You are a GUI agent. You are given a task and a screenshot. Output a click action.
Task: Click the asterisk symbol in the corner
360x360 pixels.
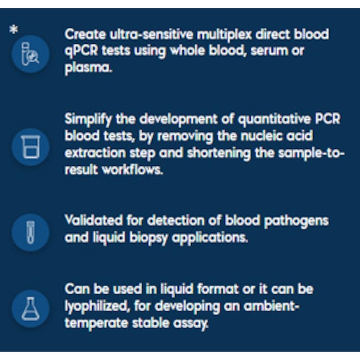14,30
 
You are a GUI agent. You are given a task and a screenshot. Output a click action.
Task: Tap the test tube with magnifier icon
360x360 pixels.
30,54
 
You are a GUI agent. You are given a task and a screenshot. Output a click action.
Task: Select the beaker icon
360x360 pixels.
30,147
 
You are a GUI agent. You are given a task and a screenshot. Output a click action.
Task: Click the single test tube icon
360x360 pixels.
30,232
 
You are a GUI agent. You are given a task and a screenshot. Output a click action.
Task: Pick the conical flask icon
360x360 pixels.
30,309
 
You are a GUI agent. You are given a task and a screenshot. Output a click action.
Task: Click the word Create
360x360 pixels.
85,35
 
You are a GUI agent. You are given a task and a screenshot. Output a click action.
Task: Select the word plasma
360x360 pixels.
89,68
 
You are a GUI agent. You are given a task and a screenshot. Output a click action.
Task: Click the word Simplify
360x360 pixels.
88,120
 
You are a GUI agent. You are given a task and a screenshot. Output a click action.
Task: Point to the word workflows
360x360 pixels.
132,170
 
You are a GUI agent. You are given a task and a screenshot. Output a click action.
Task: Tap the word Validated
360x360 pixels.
94,220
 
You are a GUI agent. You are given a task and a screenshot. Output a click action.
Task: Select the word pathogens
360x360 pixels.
296,221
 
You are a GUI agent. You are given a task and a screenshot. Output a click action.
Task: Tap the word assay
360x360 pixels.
190,324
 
